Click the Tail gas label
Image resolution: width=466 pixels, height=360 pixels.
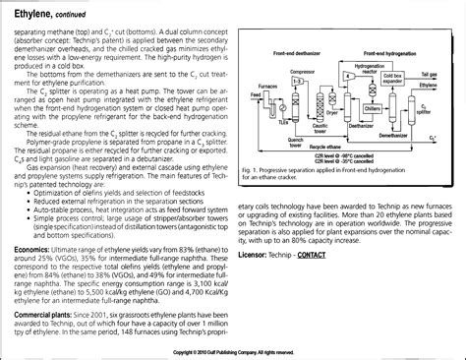click(445, 72)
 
